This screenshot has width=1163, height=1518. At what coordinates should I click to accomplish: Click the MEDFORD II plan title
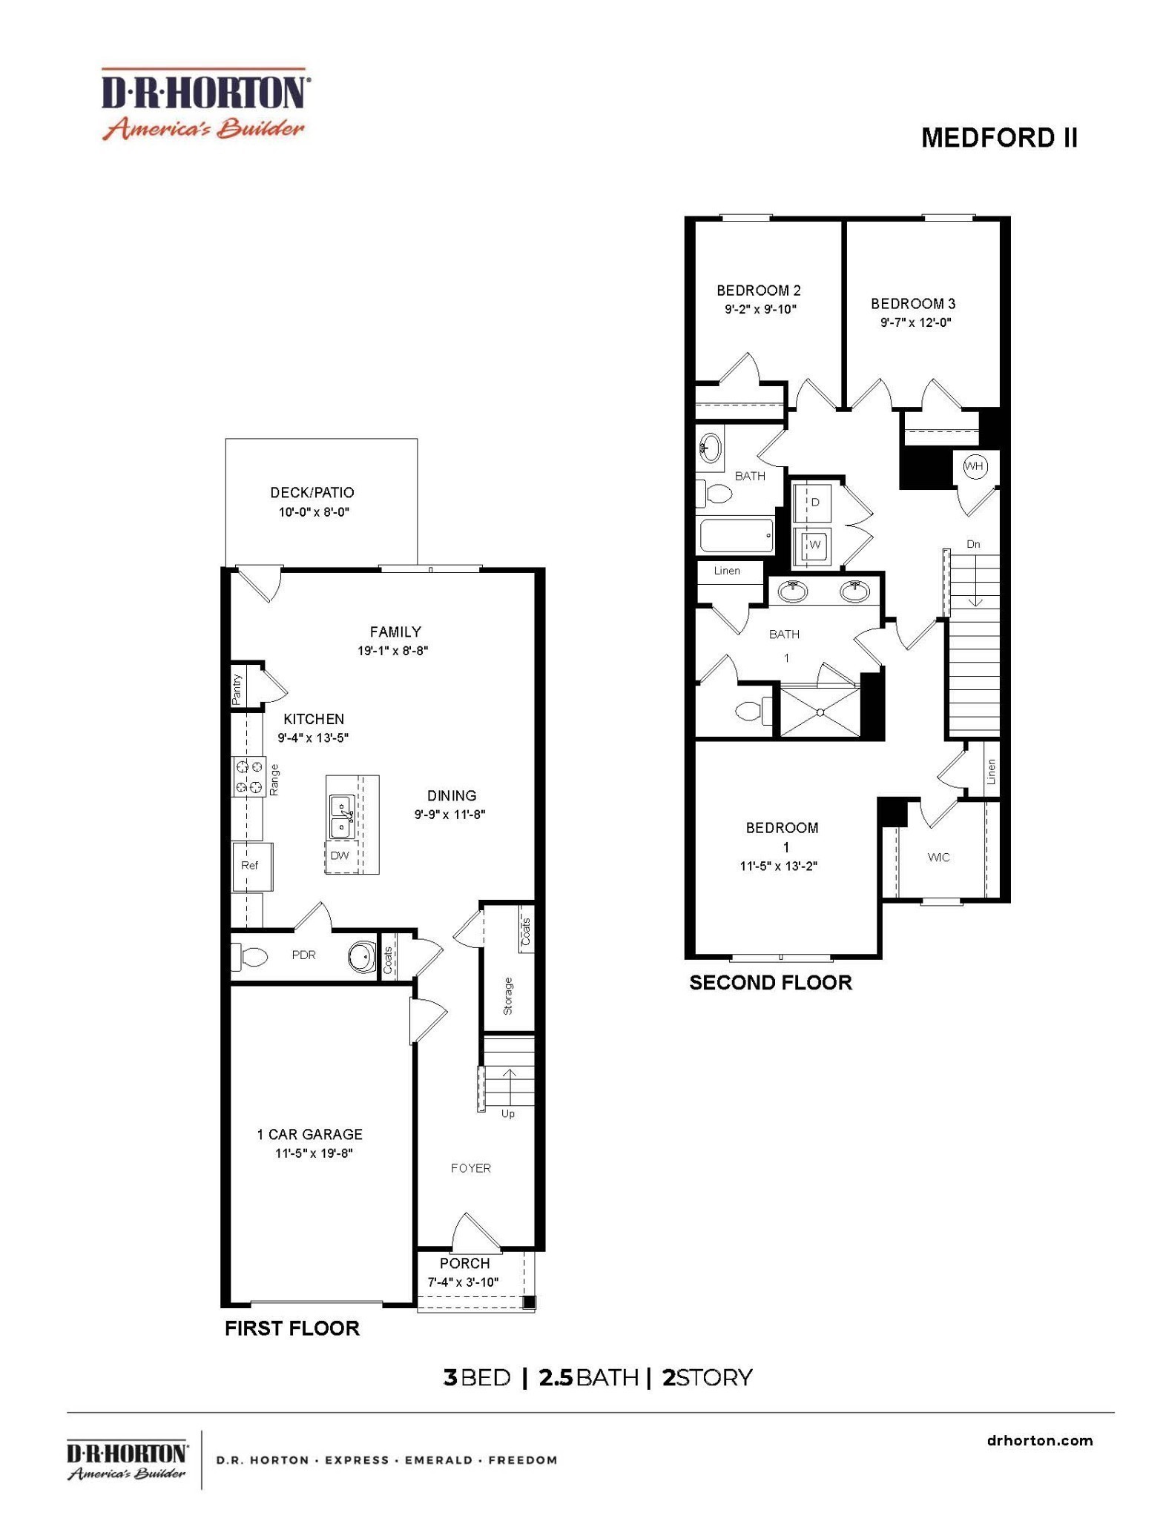tap(998, 138)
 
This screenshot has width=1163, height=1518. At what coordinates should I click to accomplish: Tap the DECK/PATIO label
tap(312, 492)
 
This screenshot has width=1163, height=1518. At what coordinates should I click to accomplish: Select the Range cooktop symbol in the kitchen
tap(249, 776)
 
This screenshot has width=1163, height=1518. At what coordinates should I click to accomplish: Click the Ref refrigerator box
tap(251, 866)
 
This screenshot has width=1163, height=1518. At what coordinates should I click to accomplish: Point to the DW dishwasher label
tap(340, 855)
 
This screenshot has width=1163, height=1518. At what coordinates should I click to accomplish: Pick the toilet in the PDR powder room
tap(250, 957)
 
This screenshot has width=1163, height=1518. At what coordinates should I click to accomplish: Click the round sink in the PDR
tap(363, 956)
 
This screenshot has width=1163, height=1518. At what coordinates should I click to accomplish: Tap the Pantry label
tap(237, 689)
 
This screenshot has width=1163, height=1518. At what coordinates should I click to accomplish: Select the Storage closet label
tap(508, 995)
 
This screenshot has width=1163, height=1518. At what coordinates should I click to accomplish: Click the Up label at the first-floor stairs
tap(508, 1113)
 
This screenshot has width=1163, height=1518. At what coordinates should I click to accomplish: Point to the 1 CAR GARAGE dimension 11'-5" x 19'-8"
tap(314, 1153)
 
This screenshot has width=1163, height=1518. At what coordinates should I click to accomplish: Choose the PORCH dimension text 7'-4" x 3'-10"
tap(463, 1282)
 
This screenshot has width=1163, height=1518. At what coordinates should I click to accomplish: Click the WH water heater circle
tap(973, 466)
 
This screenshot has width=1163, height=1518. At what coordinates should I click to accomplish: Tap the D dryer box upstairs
tap(814, 503)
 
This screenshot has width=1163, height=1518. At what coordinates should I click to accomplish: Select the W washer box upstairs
tap(814, 545)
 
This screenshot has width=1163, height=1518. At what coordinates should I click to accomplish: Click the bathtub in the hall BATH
tap(737, 534)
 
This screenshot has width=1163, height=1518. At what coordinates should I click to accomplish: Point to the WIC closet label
tap(938, 857)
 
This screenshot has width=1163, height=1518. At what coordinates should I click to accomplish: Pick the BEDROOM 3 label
tap(913, 303)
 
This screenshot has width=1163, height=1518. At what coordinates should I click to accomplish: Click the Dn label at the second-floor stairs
tap(973, 544)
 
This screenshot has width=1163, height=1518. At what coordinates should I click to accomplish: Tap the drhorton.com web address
tap(1040, 1440)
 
